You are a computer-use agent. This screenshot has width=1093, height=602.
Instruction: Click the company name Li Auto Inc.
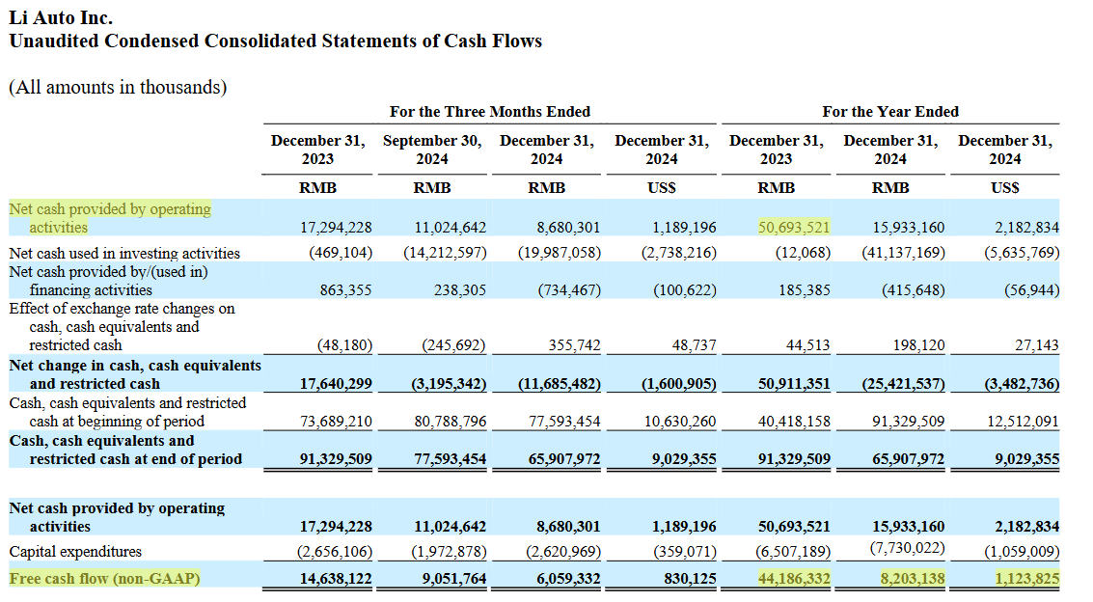click(61, 17)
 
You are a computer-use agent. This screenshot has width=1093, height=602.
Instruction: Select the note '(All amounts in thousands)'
click(118, 87)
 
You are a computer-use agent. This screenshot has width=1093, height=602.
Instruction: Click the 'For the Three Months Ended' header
click(489, 112)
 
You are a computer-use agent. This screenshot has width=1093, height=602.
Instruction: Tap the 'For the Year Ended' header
click(890, 112)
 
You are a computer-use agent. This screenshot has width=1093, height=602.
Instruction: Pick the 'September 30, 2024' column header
click(432, 150)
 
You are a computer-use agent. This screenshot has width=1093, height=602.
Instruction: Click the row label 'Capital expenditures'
click(75, 552)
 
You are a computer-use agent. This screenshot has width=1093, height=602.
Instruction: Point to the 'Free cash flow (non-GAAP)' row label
click(104, 578)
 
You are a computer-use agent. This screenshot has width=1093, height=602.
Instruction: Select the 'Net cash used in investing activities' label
click(124, 253)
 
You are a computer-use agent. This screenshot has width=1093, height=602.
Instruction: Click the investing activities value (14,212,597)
click(445, 252)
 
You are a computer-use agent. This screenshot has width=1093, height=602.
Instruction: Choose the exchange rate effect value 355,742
click(574, 345)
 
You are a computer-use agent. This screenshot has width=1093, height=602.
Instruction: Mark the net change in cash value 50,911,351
click(794, 383)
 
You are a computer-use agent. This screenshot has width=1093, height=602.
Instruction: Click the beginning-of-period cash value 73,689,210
click(336, 422)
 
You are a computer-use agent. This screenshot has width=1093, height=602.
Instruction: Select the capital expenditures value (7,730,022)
click(908, 548)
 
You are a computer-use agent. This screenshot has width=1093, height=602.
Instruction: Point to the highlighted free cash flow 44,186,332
click(794, 578)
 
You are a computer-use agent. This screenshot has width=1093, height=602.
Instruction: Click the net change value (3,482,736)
click(1022, 383)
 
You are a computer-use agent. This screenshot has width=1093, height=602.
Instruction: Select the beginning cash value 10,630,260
click(680, 422)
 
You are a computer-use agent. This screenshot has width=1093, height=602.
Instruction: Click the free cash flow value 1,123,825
click(1027, 578)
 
